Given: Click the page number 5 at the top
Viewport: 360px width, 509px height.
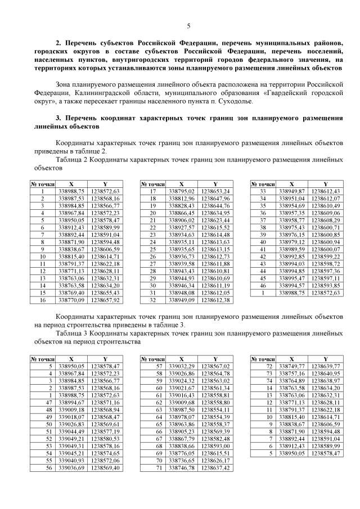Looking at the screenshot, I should pyautogui.click(x=188, y=25).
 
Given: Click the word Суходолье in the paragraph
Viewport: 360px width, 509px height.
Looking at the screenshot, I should pyautogui.click(x=235, y=101).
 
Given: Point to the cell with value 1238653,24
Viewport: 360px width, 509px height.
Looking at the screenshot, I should pyautogui.click(x=215, y=191).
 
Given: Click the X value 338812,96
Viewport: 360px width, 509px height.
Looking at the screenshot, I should pyautogui.click(x=181, y=199).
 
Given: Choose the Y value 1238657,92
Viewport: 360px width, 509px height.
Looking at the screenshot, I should pyautogui.click(x=105, y=300).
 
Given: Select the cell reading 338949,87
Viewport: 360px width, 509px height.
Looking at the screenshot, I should pyautogui.click(x=291, y=191).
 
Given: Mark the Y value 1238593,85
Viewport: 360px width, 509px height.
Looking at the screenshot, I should pyautogui.click(x=325, y=286).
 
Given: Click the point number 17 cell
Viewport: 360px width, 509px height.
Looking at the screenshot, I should pyautogui.click(x=152, y=191).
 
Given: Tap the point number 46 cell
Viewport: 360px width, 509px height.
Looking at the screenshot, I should pyautogui.click(x=262, y=286).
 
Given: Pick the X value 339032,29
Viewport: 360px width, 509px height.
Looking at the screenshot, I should pyautogui.click(x=181, y=366).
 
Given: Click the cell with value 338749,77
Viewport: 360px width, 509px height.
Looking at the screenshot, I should pyautogui.click(x=291, y=366).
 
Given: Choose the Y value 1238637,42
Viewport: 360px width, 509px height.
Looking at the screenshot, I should pyautogui.click(x=215, y=468).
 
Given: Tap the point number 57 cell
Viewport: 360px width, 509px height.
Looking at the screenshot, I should pyautogui.click(x=152, y=366).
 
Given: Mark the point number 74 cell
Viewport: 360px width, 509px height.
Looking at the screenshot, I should pyautogui.click(x=262, y=381).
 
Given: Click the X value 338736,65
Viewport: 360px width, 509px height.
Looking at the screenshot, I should pyautogui.click(x=181, y=461).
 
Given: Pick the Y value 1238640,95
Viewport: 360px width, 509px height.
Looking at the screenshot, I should pyautogui.click(x=325, y=373).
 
